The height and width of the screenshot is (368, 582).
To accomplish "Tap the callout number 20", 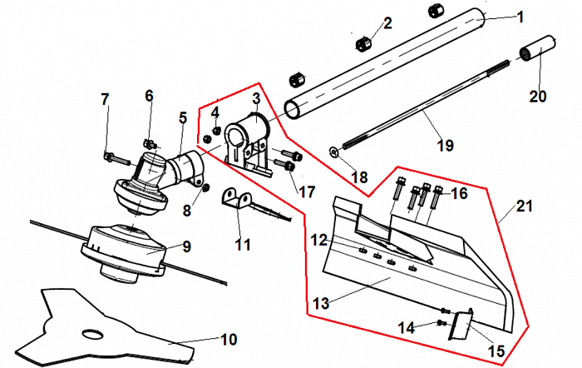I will click(538, 96).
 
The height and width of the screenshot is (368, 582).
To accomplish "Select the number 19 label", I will click(445, 146).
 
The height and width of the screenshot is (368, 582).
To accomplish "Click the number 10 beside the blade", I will click(228, 340).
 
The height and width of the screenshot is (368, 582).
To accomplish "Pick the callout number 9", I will click(186, 246).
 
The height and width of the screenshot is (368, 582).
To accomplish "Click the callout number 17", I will click(308, 192).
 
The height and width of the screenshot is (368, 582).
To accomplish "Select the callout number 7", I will click(105, 100).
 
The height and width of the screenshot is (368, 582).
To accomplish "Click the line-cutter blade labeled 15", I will click(459, 326).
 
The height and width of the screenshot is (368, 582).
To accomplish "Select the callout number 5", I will click(182, 118).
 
